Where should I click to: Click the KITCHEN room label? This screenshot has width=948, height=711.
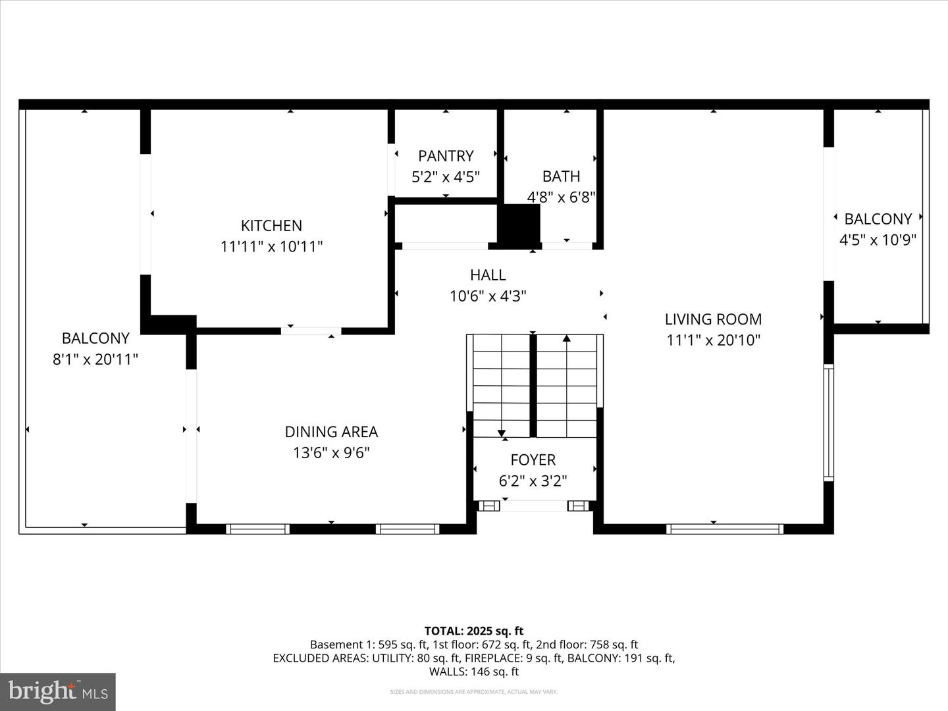coord(271,226)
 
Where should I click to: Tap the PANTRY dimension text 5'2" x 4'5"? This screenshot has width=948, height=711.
coord(446,177)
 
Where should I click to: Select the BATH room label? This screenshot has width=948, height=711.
coord(561,176)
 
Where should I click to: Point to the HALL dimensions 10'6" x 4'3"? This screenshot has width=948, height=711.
coord(488,296)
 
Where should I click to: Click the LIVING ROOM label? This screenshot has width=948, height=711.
coord(713,319)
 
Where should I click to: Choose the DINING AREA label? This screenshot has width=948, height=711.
coord(331,432)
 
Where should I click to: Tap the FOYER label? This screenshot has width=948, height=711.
coord(533,460)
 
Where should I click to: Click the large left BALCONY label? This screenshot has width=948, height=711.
coord(95,338)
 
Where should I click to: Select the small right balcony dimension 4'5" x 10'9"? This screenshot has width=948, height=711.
coord(878,240)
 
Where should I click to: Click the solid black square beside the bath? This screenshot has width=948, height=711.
coord(519,225)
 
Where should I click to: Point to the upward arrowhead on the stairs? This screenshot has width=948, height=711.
coord(567,339)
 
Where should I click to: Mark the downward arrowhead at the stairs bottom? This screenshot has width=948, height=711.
coord(502,433)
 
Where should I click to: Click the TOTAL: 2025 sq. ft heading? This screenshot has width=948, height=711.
coord(473,631)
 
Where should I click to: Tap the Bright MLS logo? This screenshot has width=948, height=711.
coord(57,691)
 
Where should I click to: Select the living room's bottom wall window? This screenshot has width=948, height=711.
coord(724,529)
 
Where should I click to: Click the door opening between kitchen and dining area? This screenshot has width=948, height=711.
coord(311,331)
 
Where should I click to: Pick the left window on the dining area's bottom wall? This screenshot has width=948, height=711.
coord(257,529)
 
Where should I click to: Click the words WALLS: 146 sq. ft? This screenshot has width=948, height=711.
coord(473,671)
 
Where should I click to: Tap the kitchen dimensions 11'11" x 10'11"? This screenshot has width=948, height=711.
coord(271,247)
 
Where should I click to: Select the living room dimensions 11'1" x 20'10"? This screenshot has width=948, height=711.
coord(713,340)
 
